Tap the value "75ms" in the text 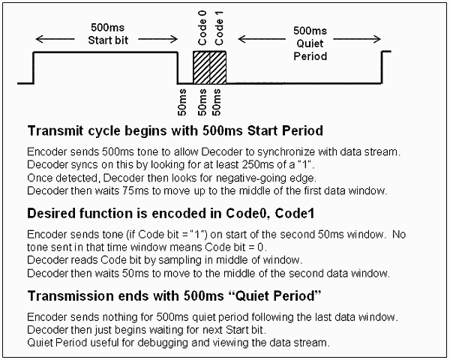click(x=129, y=190)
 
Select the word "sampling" click(x=175, y=259)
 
